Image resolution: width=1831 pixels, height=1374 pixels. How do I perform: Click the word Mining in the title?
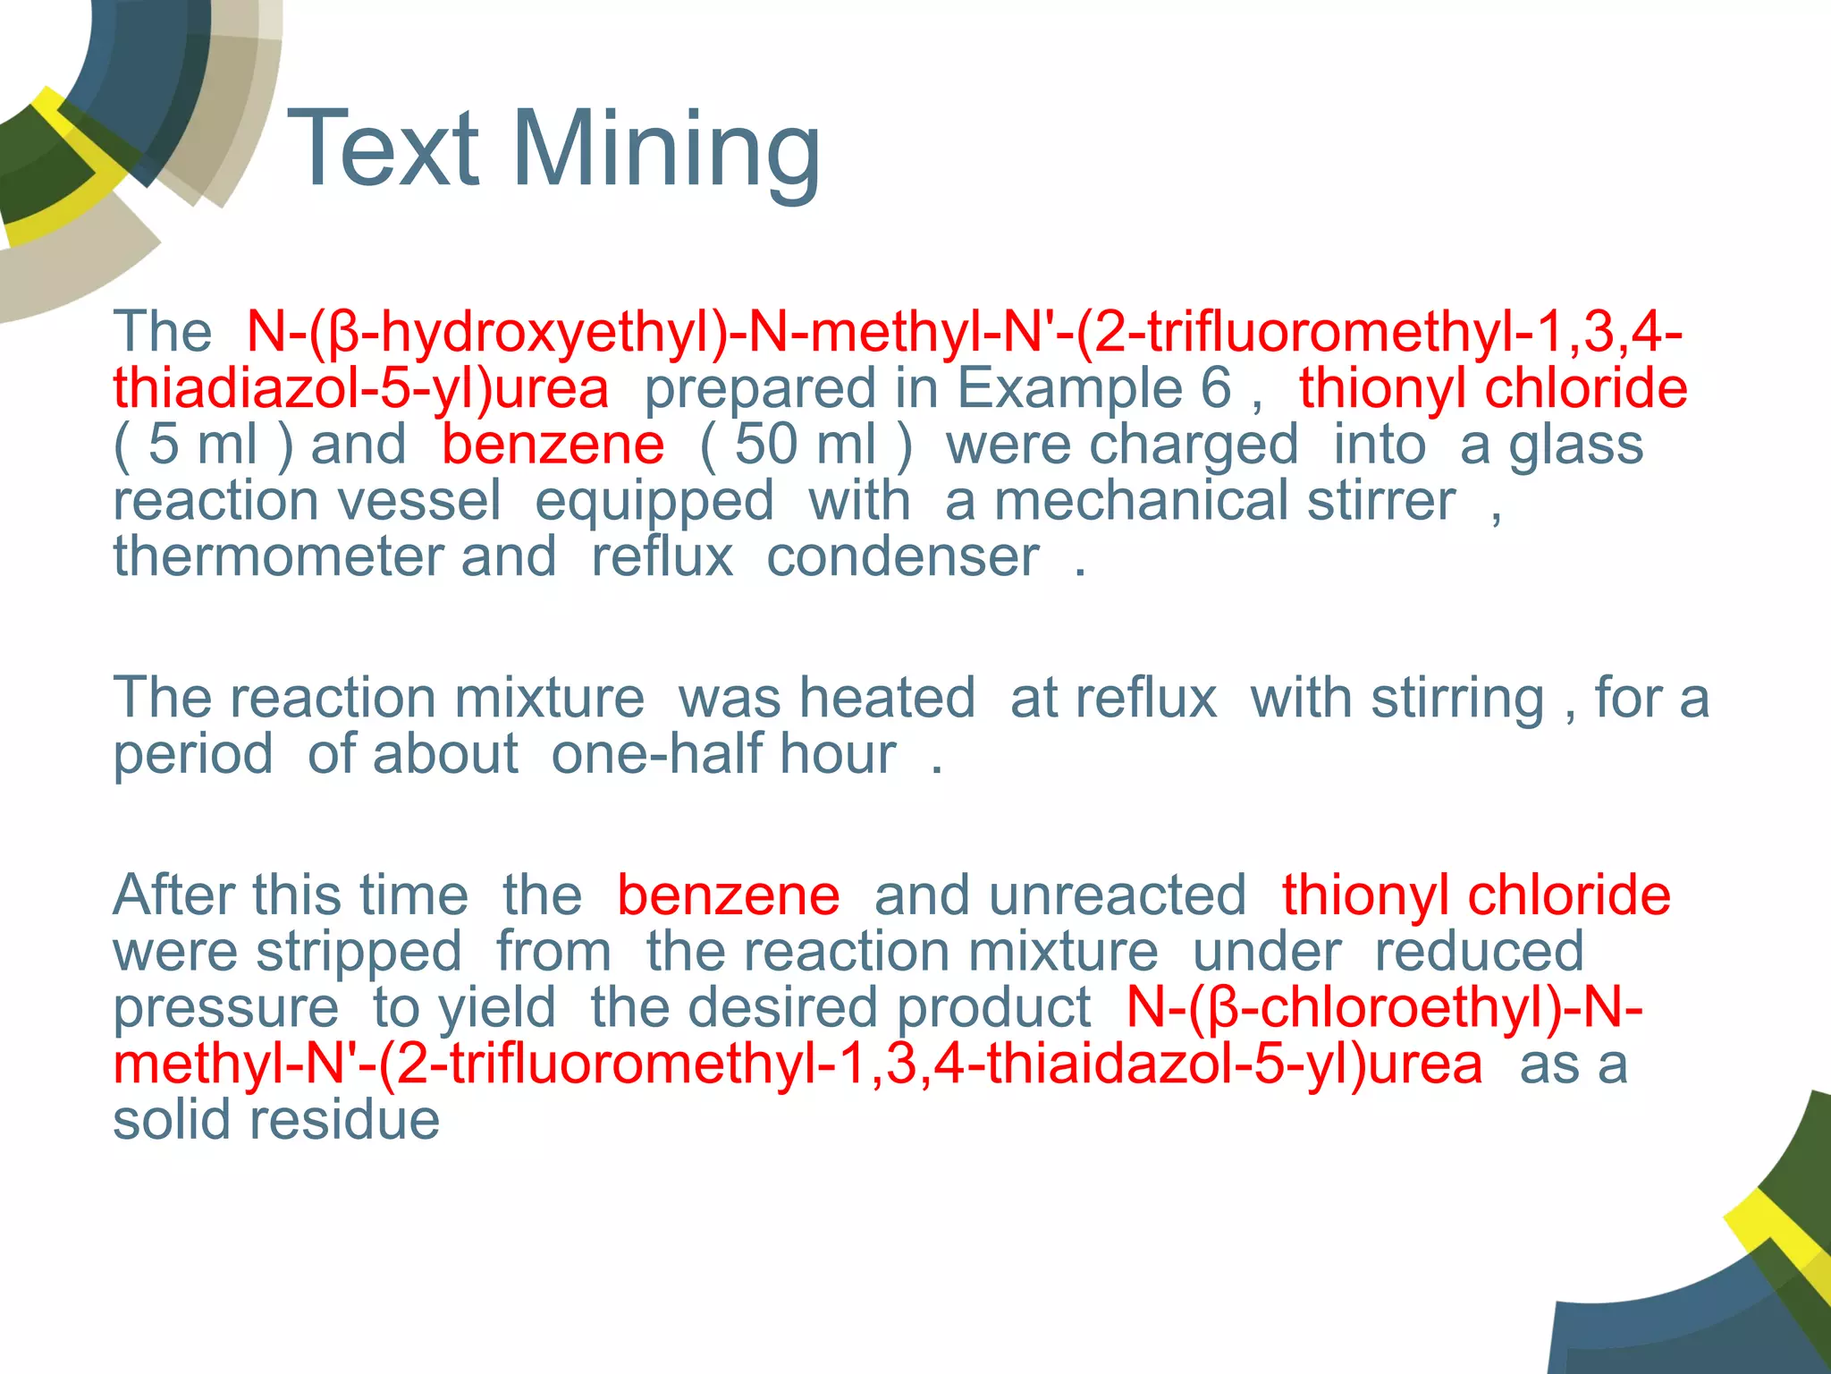point(666,150)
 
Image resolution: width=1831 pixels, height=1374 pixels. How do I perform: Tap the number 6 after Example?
point(1216,388)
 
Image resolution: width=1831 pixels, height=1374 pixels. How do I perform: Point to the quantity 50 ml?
point(805,445)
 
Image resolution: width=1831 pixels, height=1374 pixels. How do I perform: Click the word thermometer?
point(277,556)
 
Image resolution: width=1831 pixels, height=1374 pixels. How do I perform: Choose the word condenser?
point(903,556)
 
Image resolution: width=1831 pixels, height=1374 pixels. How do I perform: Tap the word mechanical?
point(1144,500)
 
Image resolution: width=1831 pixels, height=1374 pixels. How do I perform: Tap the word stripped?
point(359,952)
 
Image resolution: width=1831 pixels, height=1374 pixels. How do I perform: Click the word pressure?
point(225,1009)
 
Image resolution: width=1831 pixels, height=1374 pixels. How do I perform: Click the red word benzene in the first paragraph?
point(553,445)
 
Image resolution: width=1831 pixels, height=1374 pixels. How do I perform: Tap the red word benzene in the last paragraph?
point(728,895)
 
